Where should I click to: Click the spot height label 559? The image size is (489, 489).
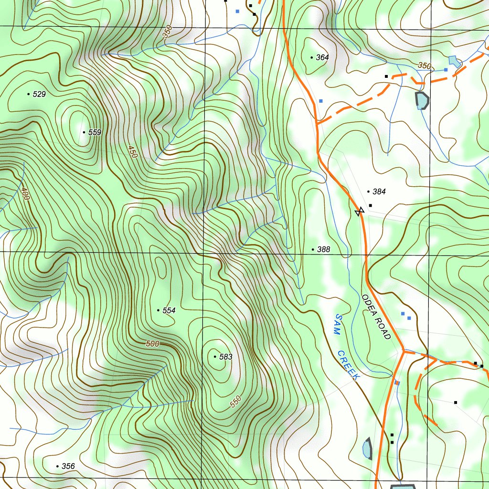[x=95, y=132]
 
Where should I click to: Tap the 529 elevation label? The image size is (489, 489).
[x=39, y=95]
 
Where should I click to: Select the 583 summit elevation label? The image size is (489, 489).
[x=225, y=357]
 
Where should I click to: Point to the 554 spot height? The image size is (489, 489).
[x=169, y=310]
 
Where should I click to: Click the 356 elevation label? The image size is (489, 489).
[x=68, y=466]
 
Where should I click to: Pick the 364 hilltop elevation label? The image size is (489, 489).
[x=322, y=57]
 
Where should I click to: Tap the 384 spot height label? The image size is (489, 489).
[x=379, y=191]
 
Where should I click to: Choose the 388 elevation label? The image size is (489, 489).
[x=323, y=249]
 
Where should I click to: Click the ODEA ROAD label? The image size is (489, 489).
[x=376, y=317]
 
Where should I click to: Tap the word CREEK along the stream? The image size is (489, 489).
[x=349, y=366]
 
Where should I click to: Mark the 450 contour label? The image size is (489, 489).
[x=133, y=152]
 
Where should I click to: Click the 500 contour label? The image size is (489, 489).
[x=152, y=344]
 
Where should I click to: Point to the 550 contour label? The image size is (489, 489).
[x=236, y=402]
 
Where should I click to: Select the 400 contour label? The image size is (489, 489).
[x=25, y=193]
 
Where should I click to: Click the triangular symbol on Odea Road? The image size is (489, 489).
[x=360, y=212]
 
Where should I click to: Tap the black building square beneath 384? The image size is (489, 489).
[x=371, y=205]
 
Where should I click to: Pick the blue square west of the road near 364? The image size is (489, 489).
[x=321, y=101]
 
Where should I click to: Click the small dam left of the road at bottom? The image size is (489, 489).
[x=367, y=449]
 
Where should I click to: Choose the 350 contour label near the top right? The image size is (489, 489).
[x=424, y=65]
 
